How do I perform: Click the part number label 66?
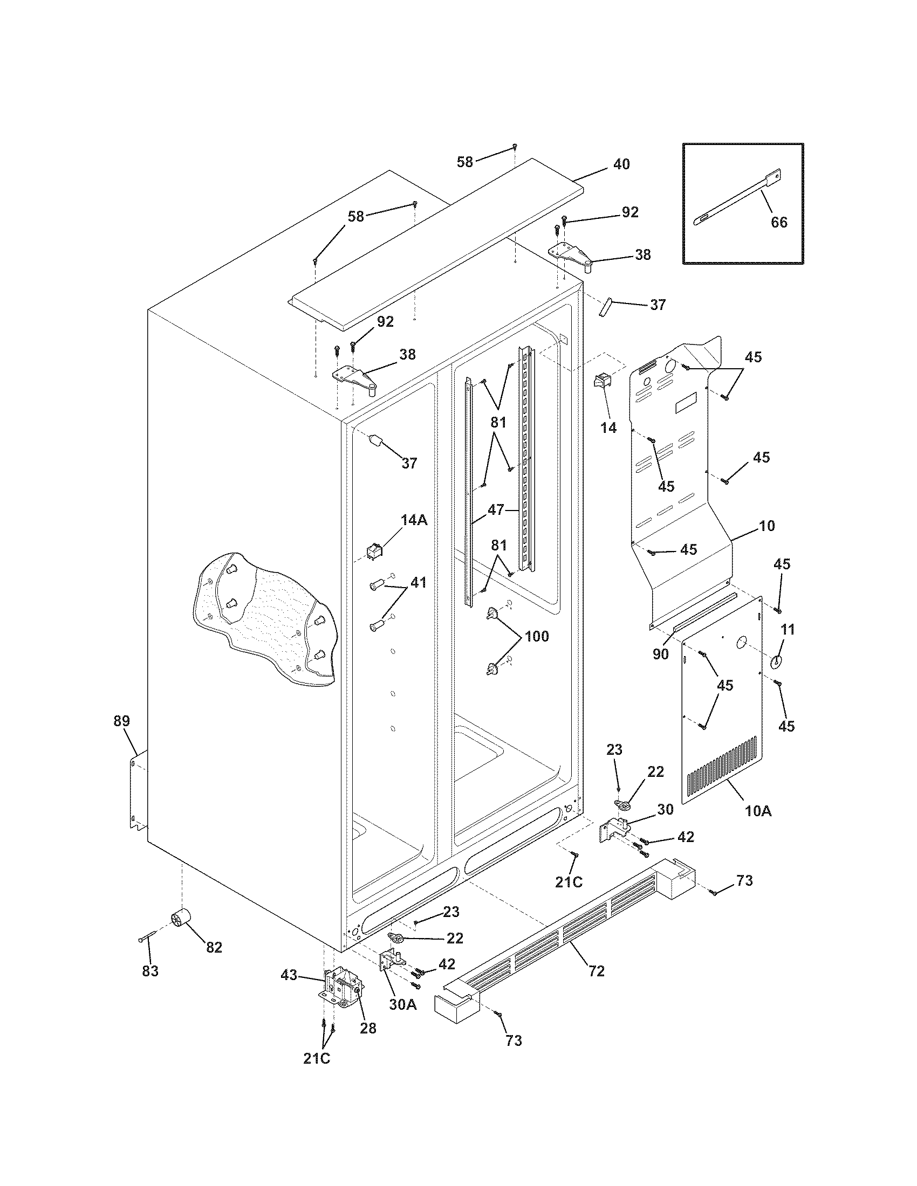pyautogui.click(x=779, y=222)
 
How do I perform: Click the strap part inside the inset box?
pyautogui.click(x=739, y=202)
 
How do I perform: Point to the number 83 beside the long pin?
pyautogui.click(x=150, y=971)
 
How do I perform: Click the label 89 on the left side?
pyautogui.click(x=122, y=721)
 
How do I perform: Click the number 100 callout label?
pyautogui.click(x=536, y=637)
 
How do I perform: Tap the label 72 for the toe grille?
pyautogui.click(x=596, y=970)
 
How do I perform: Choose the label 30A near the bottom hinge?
pyautogui.click(x=402, y=1005)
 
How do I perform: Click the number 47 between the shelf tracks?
pyautogui.click(x=495, y=509)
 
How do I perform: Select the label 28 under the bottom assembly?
pyautogui.click(x=368, y=1029)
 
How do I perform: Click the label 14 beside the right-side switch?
pyautogui.click(x=608, y=428)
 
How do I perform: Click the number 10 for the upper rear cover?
pyautogui.click(x=767, y=526)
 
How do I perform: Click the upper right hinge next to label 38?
pyautogui.click(x=570, y=255)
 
